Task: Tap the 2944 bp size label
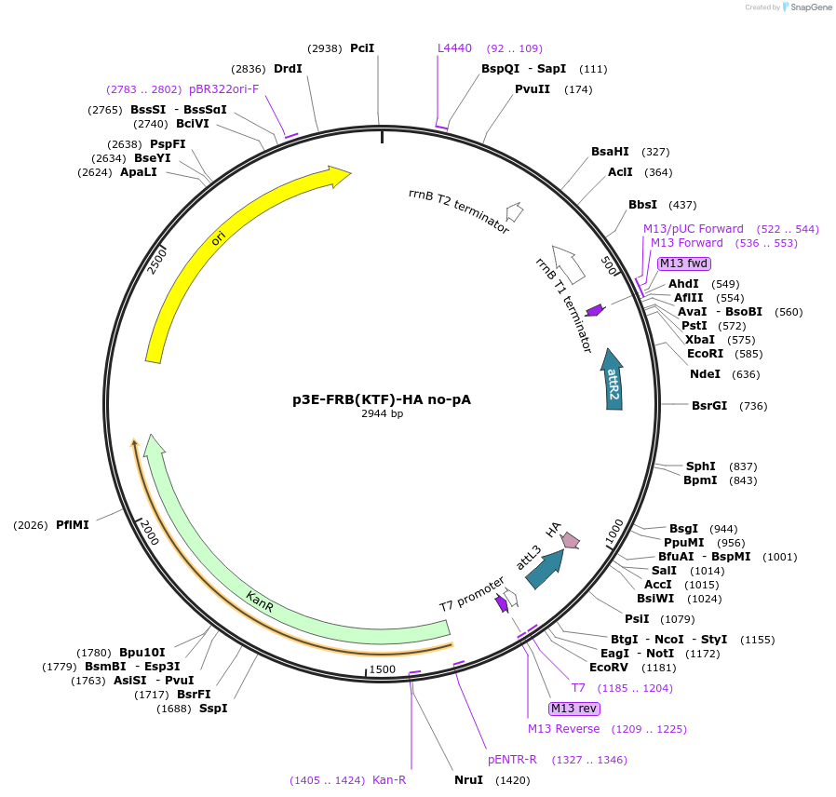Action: pyautogui.click(x=382, y=413)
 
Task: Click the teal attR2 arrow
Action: pyautogui.click(x=613, y=382)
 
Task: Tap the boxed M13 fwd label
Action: pyautogui.click(x=682, y=263)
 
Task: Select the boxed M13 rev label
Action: pyautogui.click(x=574, y=709)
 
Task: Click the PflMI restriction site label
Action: pyautogui.click(x=72, y=525)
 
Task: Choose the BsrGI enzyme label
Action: pyautogui.click(x=709, y=405)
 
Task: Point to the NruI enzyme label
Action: pyautogui.click(x=468, y=780)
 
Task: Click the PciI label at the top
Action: pyautogui.click(x=362, y=47)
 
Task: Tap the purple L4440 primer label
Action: pyautogui.click(x=455, y=47)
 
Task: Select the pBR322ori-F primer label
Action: pyautogui.click(x=223, y=89)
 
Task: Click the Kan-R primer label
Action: pyautogui.click(x=389, y=780)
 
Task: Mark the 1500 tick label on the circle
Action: pyautogui.click(x=383, y=669)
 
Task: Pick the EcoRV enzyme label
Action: pyautogui.click(x=608, y=667)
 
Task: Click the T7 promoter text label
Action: pyautogui.click(x=472, y=595)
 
